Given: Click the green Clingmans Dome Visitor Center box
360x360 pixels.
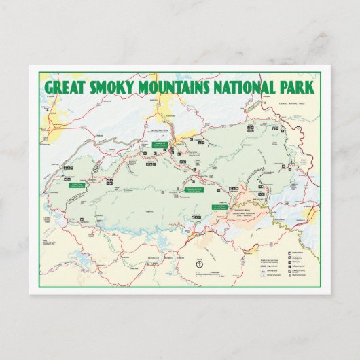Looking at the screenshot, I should [192, 191].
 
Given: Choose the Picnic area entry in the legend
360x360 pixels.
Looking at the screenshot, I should [293, 262].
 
